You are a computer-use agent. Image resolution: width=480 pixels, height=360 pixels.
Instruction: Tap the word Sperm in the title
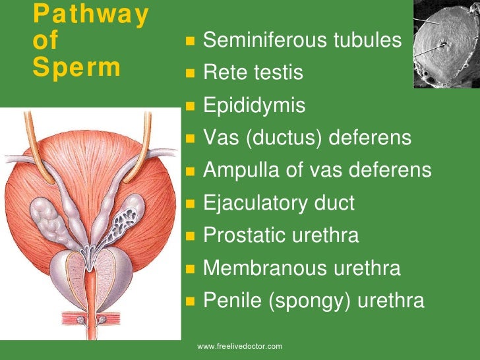click(76, 68)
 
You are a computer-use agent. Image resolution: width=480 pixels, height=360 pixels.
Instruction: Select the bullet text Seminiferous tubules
click(302, 41)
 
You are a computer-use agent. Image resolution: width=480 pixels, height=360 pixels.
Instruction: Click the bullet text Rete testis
click(253, 73)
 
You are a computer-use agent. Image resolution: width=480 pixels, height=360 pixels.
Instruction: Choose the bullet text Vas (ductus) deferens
click(307, 138)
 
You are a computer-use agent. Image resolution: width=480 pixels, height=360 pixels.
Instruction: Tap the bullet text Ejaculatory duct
click(279, 203)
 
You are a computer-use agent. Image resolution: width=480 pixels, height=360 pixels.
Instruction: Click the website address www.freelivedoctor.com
click(240, 346)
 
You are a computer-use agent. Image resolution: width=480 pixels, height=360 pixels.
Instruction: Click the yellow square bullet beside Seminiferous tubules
click(190, 42)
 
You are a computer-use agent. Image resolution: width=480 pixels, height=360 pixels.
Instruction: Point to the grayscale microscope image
click(446, 44)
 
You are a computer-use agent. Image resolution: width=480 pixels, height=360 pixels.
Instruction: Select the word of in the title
click(45, 41)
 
